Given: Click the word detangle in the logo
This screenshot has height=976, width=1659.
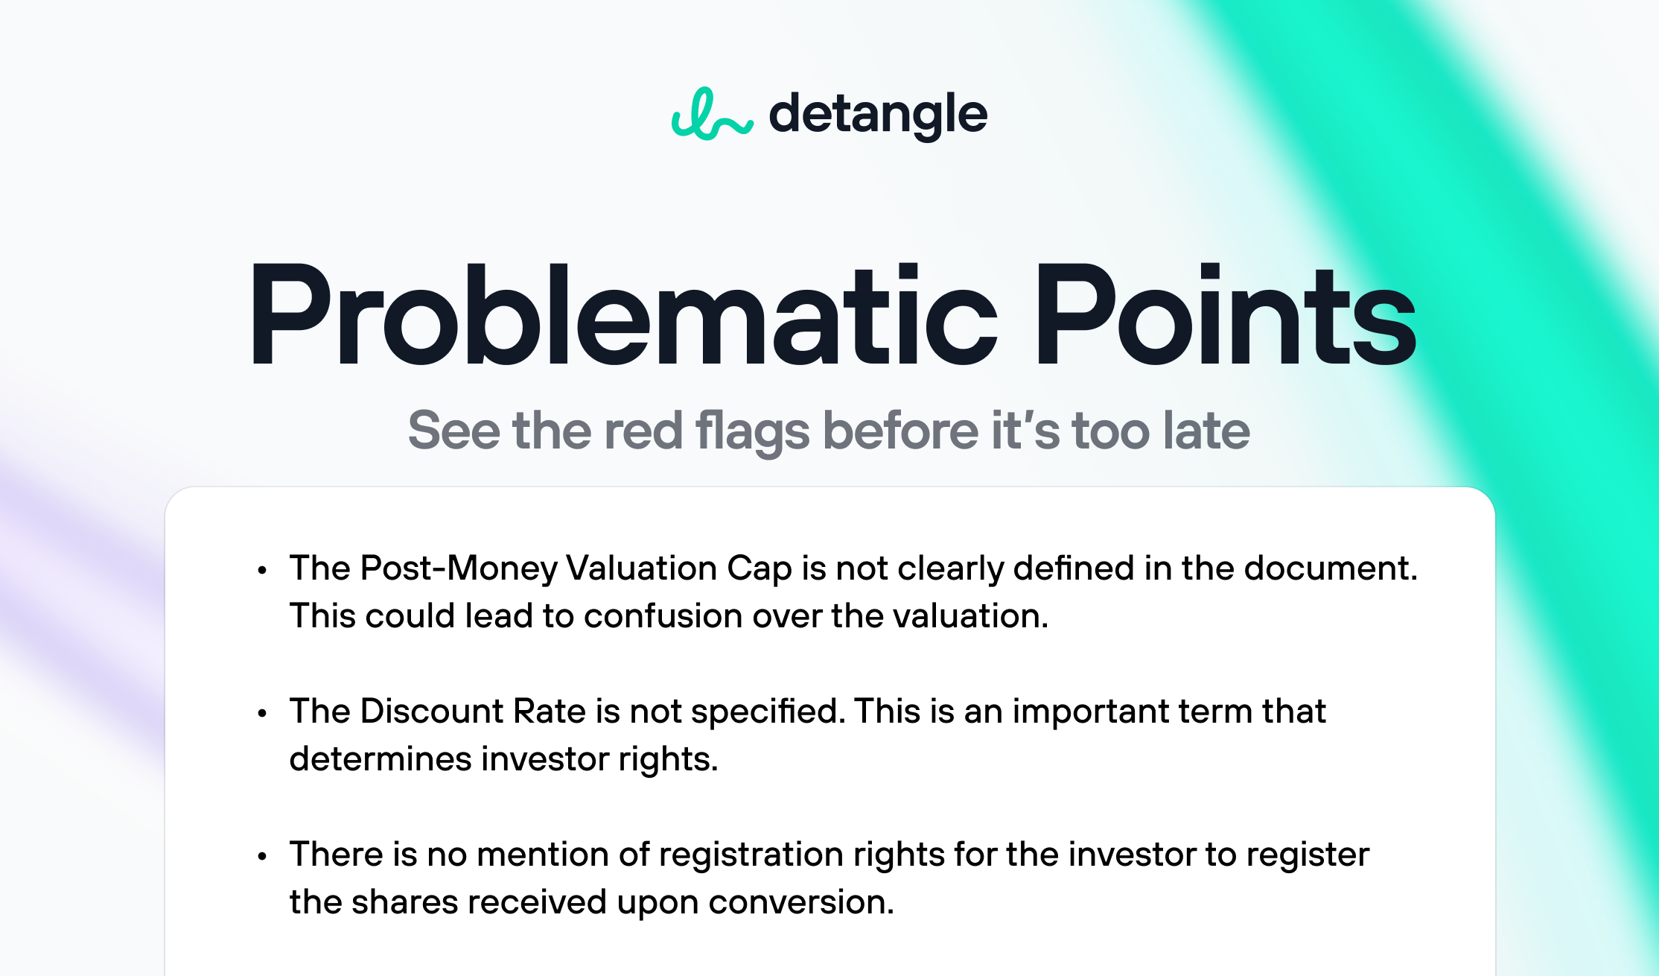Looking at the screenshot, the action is (x=878, y=115).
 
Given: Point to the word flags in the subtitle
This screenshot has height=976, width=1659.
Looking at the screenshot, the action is (x=752, y=432).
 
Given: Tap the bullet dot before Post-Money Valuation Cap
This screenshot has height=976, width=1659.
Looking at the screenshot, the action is (x=261, y=571).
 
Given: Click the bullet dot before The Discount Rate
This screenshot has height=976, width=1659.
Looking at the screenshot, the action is (x=261, y=714).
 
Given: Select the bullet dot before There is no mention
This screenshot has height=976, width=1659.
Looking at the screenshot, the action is (x=261, y=857).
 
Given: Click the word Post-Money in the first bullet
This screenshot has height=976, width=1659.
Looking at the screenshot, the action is (x=459, y=568).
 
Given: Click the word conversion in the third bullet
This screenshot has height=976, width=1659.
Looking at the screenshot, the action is (x=801, y=902).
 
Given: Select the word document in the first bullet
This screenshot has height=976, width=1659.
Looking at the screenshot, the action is (x=1331, y=568).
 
